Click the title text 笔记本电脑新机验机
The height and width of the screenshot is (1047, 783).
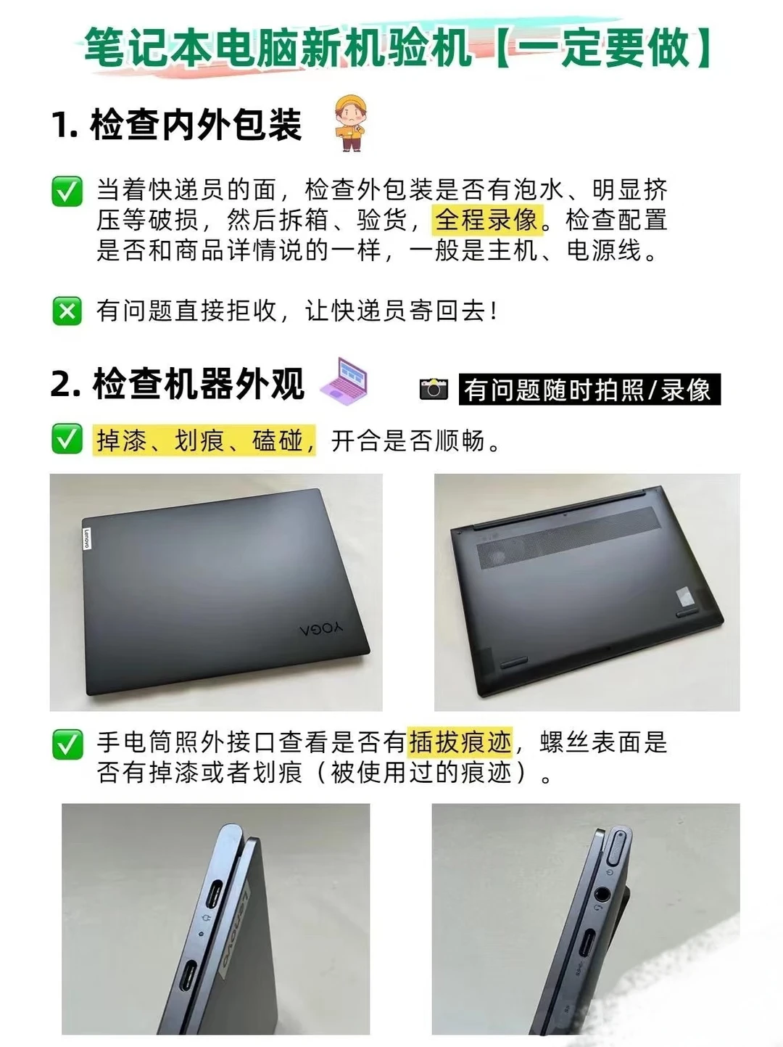click(x=279, y=49)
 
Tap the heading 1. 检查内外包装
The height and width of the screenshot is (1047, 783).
click(x=176, y=125)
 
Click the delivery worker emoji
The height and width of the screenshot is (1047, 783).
click(x=351, y=123)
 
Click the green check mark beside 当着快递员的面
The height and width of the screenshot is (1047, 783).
click(x=67, y=192)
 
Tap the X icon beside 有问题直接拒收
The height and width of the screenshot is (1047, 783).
click(x=67, y=311)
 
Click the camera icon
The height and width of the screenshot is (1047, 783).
click(x=434, y=389)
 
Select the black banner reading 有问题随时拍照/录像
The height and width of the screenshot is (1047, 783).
click(x=589, y=390)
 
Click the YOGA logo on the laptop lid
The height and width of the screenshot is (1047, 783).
click(x=321, y=628)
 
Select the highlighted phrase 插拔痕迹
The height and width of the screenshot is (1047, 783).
click(x=460, y=742)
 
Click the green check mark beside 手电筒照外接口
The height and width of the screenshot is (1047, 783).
click(x=67, y=744)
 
